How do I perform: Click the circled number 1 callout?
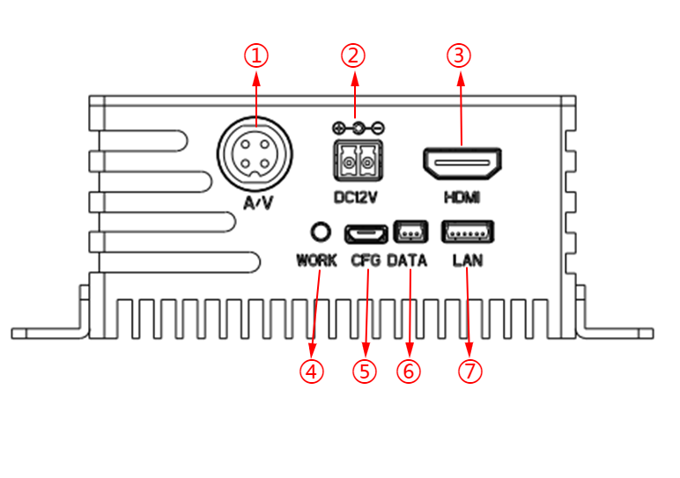pos(255,55)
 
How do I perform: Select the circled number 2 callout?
pos(353,55)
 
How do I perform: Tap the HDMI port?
pos(462,163)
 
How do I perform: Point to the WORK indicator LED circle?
pos(322,232)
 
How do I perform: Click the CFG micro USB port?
pos(366,233)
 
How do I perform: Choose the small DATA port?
pos(410,232)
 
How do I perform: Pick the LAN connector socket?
pos(467,232)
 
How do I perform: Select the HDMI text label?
pos(462,197)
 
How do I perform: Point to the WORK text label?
pos(317,261)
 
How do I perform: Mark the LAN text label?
pos(467,261)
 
